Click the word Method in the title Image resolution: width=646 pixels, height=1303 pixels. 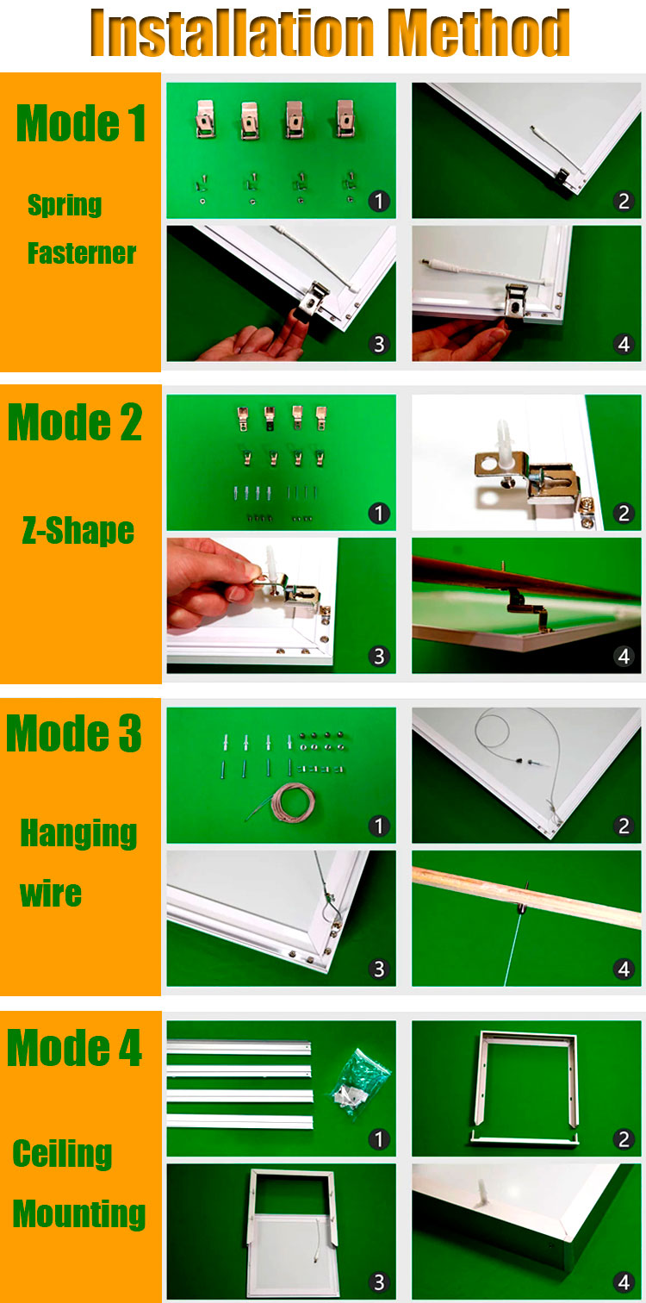pyautogui.click(x=479, y=33)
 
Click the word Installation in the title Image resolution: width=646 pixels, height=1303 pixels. pyautogui.click(x=233, y=33)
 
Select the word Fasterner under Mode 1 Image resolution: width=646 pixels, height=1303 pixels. pyautogui.click(x=82, y=253)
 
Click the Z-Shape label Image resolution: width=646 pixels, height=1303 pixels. pyautogui.click(x=78, y=531)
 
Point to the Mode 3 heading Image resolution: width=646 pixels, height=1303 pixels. pyautogui.click(x=74, y=733)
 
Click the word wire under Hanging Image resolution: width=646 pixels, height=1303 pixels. pyautogui.click(x=51, y=894)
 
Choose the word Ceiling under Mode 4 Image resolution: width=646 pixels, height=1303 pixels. pyautogui.click(x=62, y=1154)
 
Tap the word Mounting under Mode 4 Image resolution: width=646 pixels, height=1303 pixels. pyautogui.click(x=79, y=1214)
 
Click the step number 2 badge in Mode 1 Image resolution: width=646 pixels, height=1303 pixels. pyautogui.click(x=624, y=202)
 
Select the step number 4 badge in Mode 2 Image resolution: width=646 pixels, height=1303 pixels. pyautogui.click(x=624, y=656)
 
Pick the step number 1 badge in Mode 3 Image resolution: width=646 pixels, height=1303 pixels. pyautogui.click(x=378, y=826)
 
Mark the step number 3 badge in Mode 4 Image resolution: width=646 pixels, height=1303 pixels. pyautogui.click(x=378, y=1281)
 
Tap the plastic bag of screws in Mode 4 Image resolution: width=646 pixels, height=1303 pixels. pyautogui.click(x=359, y=1083)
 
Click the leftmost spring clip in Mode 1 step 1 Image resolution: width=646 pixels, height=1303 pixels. pyautogui.click(x=205, y=119)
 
